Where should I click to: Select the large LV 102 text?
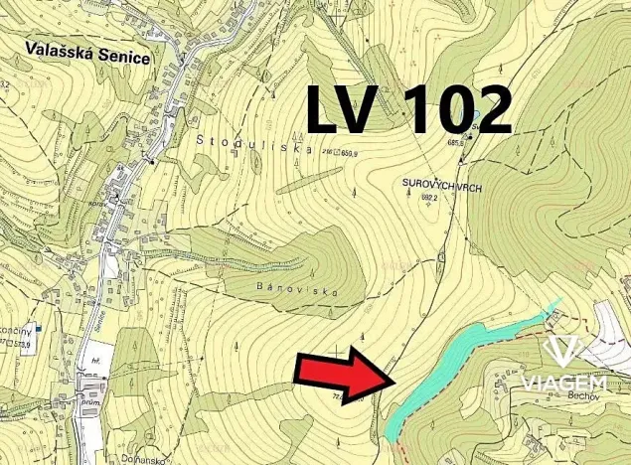pyautogui.click(x=408, y=109)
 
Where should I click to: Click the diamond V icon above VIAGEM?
pyautogui.click(x=565, y=351)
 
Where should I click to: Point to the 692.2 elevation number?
pyautogui.click(x=429, y=198)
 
